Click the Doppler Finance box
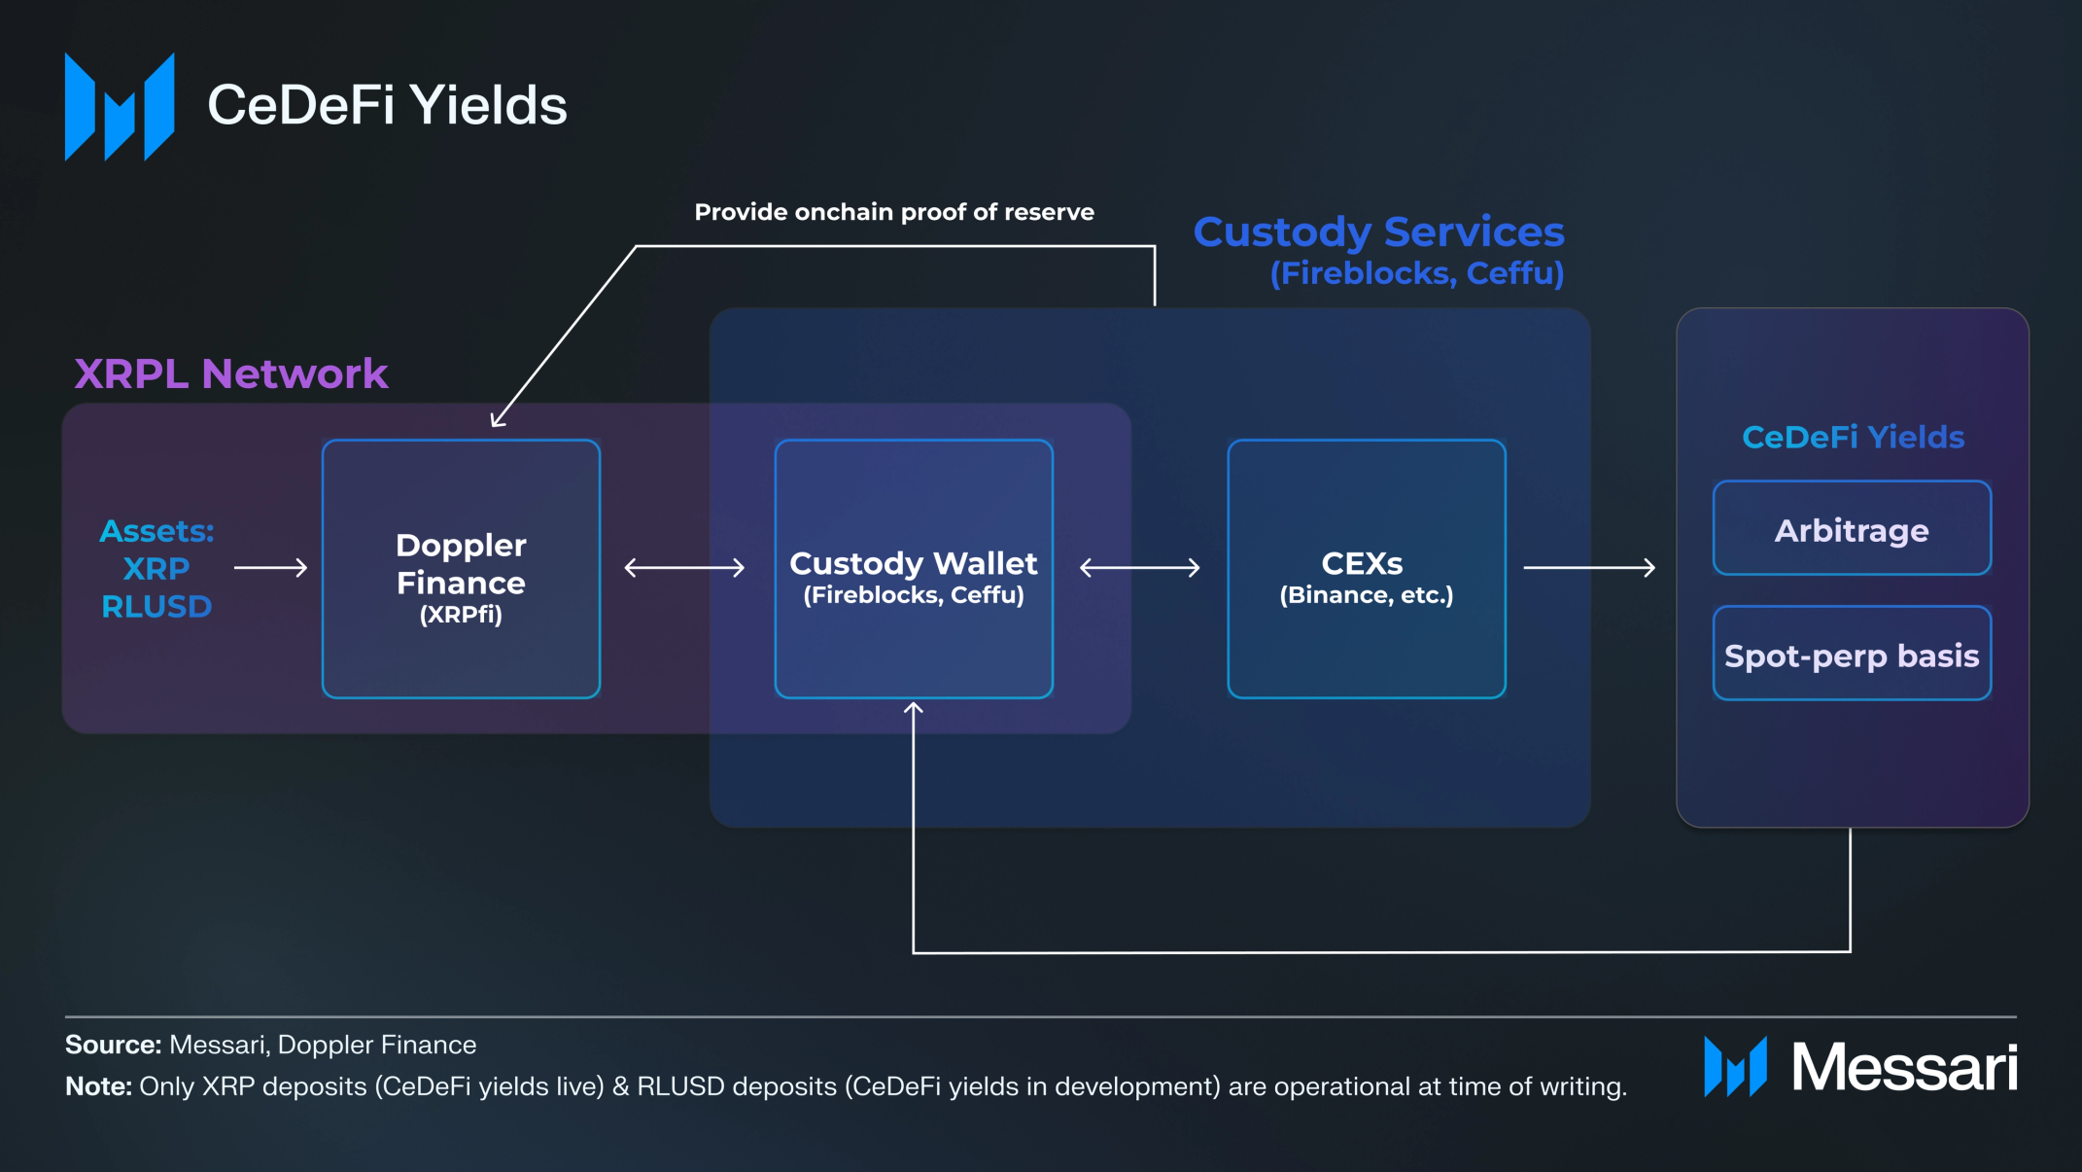pyautogui.click(x=461, y=569)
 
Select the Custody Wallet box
pyautogui.click(x=914, y=569)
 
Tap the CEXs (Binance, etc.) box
pyautogui.click(x=1367, y=569)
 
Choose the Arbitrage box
pyautogui.click(x=1852, y=528)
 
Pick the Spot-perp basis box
pyautogui.click(x=1852, y=654)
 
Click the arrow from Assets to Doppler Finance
pyautogui.click(x=271, y=567)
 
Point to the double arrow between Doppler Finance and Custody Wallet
pyautogui.click(x=684, y=567)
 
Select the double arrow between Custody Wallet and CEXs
pyautogui.click(x=1140, y=567)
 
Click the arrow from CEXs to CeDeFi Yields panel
pyautogui.click(x=1589, y=567)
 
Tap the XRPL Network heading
pyautogui.click(x=231, y=373)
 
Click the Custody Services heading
pyautogui.click(x=1378, y=231)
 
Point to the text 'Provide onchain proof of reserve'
pyautogui.click(x=894, y=212)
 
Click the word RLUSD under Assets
pyautogui.click(x=156, y=607)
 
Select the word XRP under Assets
pyautogui.click(x=156, y=569)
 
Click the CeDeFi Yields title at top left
pyautogui.click(x=387, y=105)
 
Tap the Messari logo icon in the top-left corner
pyautogui.click(x=120, y=107)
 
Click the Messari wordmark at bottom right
pyautogui.click(x=1904, y=1067)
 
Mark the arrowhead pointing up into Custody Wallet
pyautogui.click(x=914, y=708)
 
